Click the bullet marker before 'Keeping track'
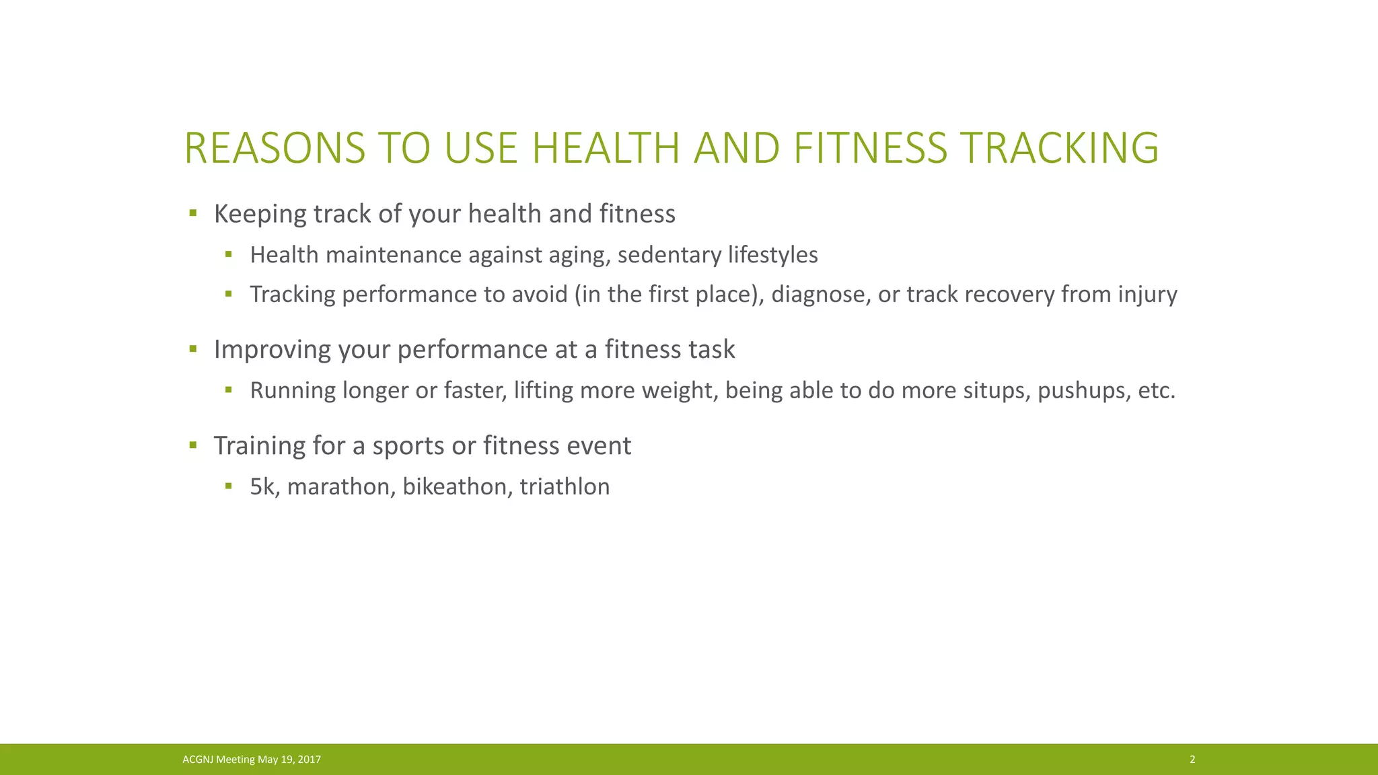coord(193,213)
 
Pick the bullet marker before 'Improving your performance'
coord(193,348)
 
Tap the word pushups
coord(1083,391)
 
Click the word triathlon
coord(565,486)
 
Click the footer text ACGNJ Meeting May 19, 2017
coord(252,760)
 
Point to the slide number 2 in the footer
coord(1192,760)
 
